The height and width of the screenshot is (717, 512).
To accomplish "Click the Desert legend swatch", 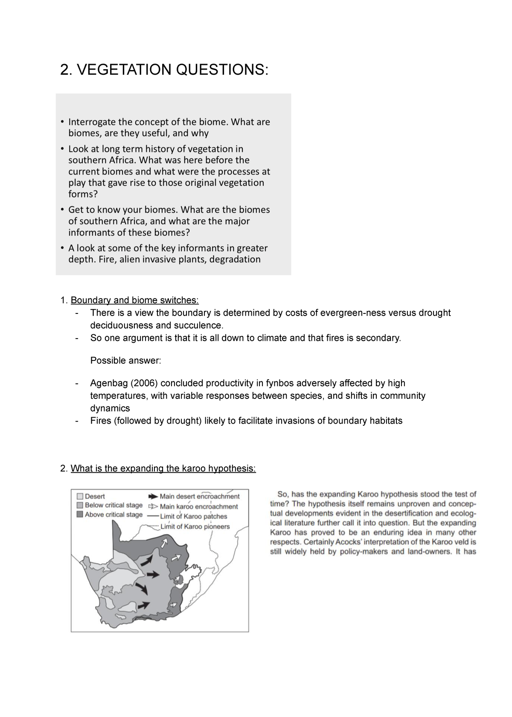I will [x=80, y=496].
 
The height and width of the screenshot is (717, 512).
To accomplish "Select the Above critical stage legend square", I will [x=80, y=515].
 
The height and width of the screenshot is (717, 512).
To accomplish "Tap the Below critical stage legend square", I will [x=80, y=505].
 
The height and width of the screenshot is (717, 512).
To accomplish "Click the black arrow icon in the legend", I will [x=153, y=496].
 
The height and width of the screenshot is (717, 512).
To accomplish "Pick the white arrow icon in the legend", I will [x=153, y=506].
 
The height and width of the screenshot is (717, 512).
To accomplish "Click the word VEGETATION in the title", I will [x=123, y=69].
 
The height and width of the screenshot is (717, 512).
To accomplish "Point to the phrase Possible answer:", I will [x=125, y=360].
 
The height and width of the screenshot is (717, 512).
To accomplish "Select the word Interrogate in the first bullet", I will [x=92, y=122].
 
